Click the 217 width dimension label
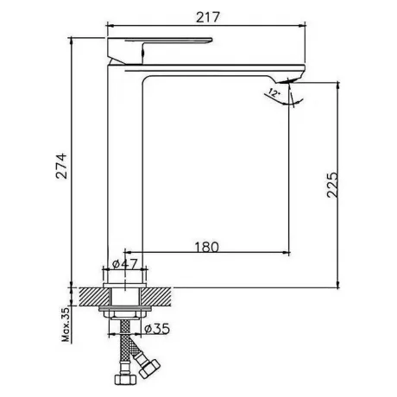[x=208, y=17]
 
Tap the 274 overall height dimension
[x=61, y=167]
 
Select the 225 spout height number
[x=332, y=185]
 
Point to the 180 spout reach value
[x=207, y=247]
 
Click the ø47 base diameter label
[x=125, y=263]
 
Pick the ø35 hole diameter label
[x=157, y=329]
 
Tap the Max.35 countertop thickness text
[x=66, y=325]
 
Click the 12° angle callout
[x=274, y=92]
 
